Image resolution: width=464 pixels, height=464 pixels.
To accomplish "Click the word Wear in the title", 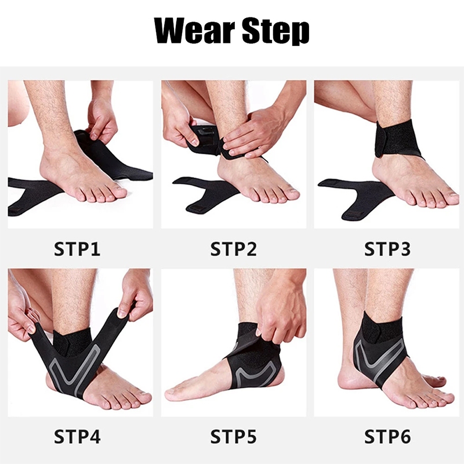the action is (x=195, y=30).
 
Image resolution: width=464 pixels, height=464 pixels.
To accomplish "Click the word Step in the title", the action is (x=276, y=32).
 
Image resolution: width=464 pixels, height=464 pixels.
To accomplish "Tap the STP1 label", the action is (x=77, y=249).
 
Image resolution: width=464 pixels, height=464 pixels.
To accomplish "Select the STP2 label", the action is (x=234, y=249).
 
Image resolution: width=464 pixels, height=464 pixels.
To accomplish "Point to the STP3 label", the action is (x=387, y=249).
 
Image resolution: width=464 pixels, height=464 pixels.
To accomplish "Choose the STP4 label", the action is (x=77, y=437).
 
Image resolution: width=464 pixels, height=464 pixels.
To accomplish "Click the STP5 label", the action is (x=234, y=437).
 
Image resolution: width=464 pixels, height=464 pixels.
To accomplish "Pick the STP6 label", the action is (x=387, y=437).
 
